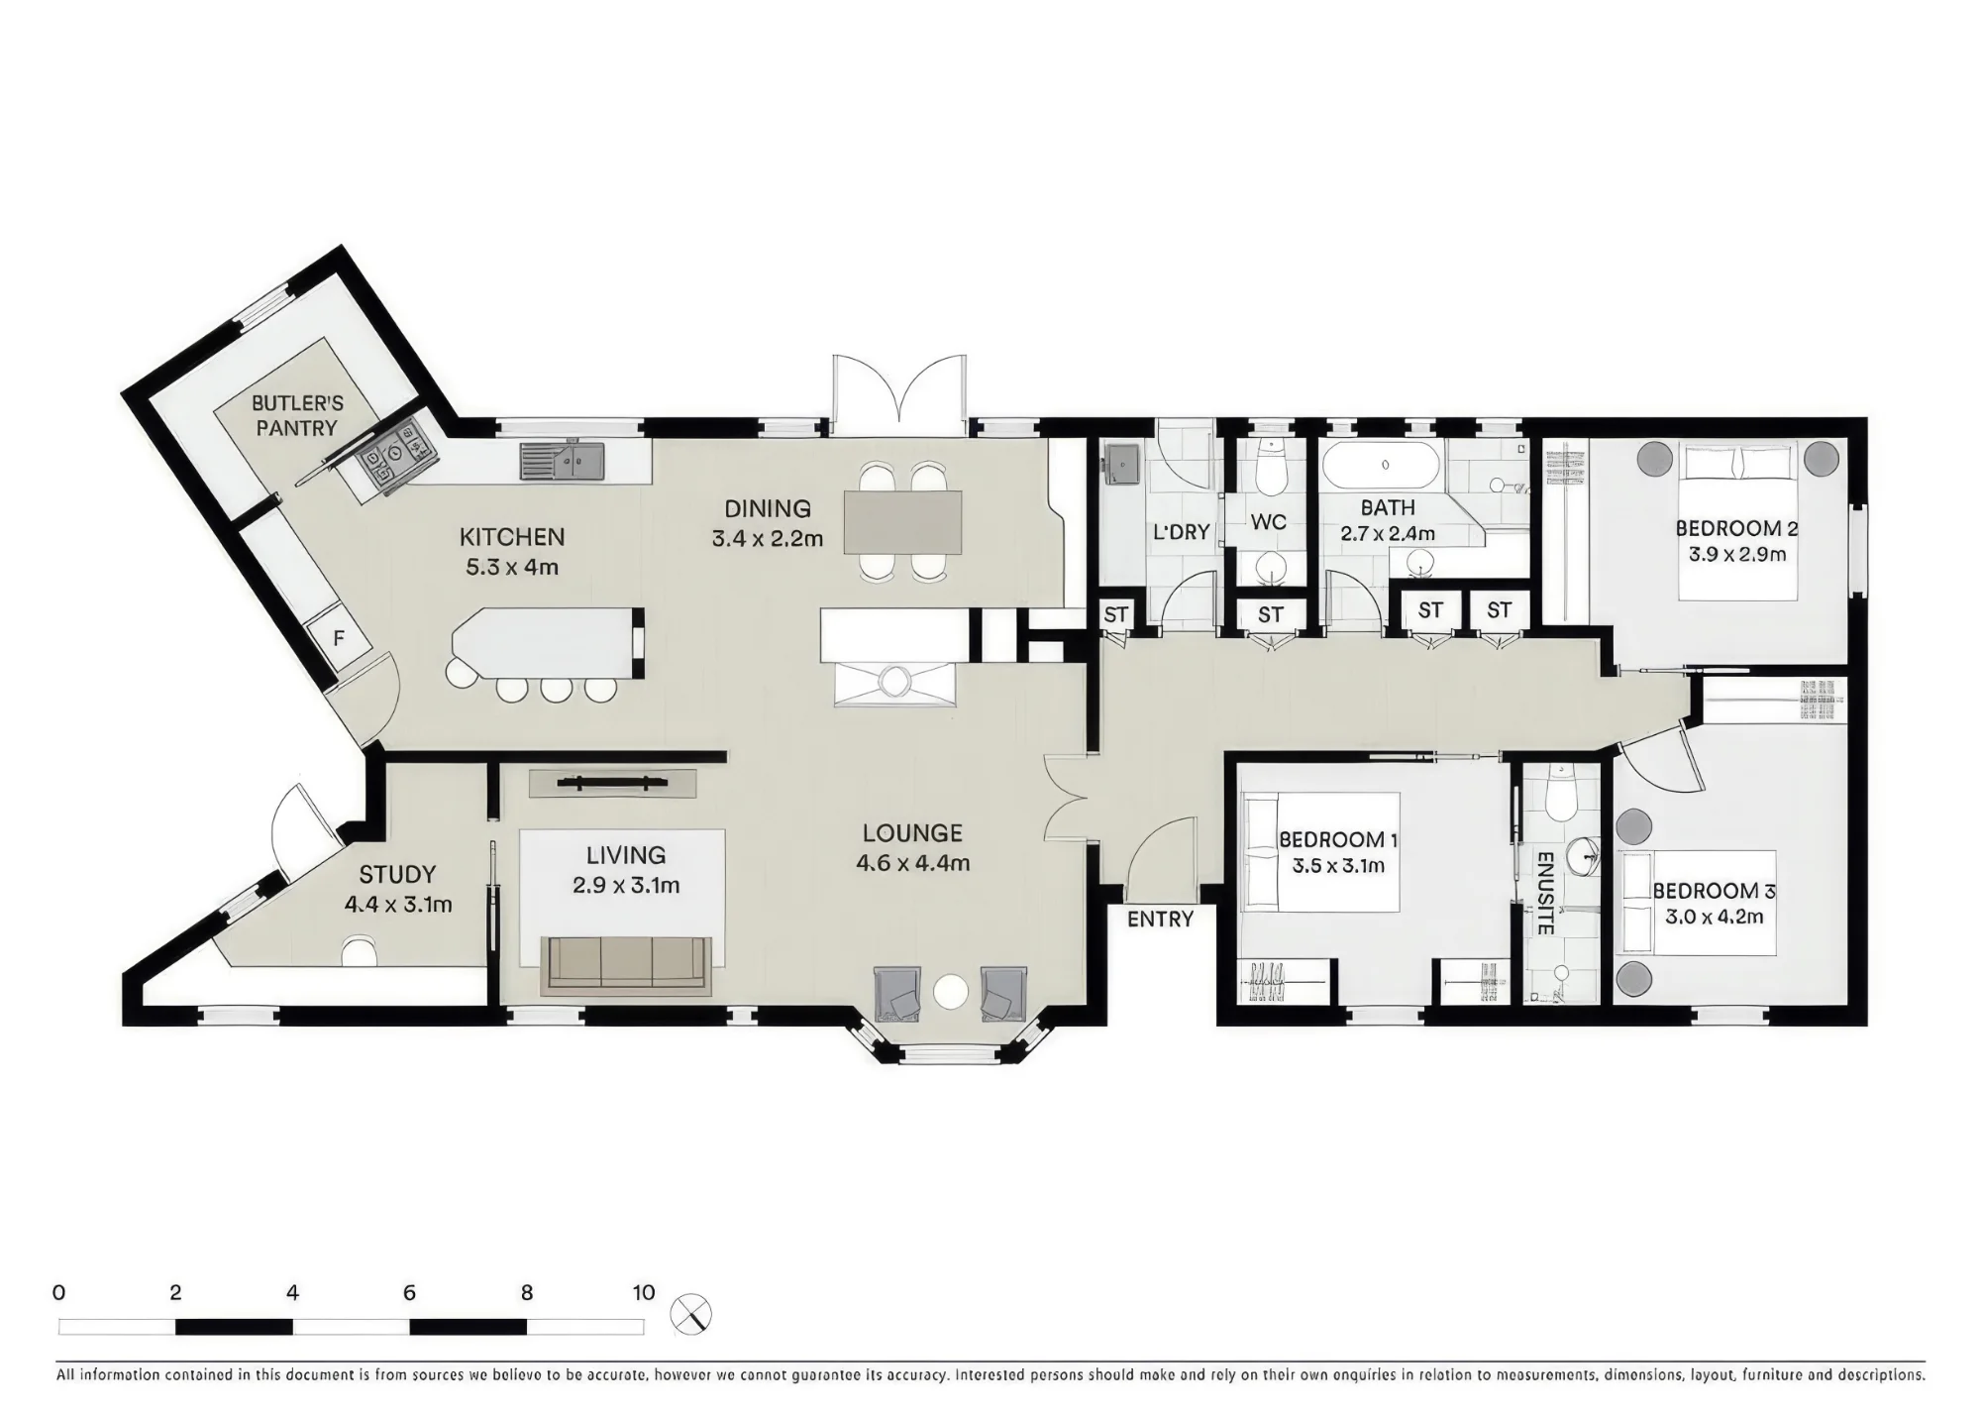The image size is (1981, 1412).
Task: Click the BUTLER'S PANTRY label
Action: coord(297,416)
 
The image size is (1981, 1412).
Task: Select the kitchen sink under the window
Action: coord(563,462)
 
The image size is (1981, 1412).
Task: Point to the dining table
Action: coord(902,522)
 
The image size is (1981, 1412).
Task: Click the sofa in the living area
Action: coord(627,965)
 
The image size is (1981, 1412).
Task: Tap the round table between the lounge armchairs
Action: coord(951,992)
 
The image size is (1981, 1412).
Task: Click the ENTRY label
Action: coord(1160,920)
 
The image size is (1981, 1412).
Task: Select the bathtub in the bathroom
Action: coord(1384,465)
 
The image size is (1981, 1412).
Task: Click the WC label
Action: coord(1269,521)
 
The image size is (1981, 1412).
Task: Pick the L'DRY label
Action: coord(1181,532)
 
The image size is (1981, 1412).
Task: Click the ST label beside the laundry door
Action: coord(1116,614)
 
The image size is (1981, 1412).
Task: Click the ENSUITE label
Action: coord(1544,893)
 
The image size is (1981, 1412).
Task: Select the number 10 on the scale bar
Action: coord(644,1293)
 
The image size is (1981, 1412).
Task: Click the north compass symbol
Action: coord(690,1315)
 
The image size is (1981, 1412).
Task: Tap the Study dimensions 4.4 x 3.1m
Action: coord(398,905)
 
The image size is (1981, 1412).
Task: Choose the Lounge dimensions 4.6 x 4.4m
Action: coord(912,863)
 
